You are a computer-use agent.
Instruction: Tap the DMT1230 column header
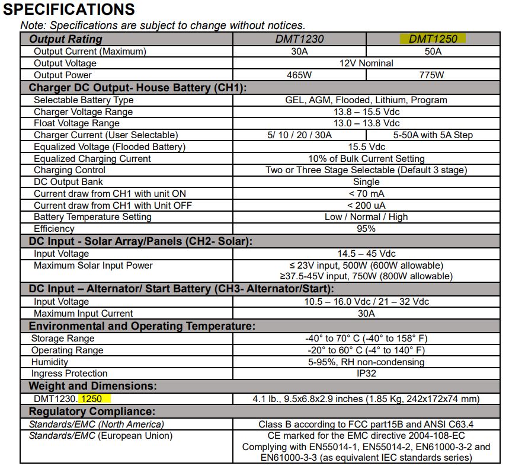299,39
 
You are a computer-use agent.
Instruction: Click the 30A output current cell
299,52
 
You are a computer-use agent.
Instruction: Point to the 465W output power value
299,75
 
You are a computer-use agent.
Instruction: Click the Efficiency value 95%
366,229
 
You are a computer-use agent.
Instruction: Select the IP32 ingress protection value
366,374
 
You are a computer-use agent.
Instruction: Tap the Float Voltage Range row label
76,123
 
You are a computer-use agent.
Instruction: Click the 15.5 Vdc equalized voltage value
366,146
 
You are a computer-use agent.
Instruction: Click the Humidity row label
50,362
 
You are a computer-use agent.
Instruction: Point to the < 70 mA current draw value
366,194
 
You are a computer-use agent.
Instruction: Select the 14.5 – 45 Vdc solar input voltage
366,254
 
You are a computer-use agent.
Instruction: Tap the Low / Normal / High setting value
366,217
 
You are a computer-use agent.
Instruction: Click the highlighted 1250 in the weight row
95,399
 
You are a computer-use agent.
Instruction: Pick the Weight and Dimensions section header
92,387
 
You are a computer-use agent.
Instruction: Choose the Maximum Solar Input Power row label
93,266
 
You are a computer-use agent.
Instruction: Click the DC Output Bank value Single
366,182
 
